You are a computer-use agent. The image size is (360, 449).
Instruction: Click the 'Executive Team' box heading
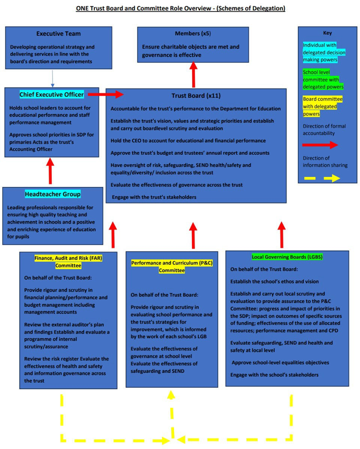click(58, 34)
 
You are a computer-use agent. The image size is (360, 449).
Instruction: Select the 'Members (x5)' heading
click(193, 34)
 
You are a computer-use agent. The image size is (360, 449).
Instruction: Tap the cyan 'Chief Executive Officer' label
click(51, 94)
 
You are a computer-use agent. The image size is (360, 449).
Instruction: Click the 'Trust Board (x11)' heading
click(196, 96)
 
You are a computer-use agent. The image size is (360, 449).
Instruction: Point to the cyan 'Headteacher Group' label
click(53, 194)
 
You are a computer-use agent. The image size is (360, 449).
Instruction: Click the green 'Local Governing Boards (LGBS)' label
click(287, 257)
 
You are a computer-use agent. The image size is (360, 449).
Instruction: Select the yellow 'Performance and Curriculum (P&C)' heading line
click(172, 263)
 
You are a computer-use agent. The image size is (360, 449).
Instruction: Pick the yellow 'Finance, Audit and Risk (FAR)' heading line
click(68, 258)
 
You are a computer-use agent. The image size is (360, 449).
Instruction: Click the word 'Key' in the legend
click(328, 33)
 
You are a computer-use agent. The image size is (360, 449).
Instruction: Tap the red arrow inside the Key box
click(320, 145)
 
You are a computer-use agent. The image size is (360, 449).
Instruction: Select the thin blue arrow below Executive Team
click(52, 78)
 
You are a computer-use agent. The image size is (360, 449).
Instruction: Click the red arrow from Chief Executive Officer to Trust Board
click(106, 94)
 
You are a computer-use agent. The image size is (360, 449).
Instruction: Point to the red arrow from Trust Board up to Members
click(194, 74)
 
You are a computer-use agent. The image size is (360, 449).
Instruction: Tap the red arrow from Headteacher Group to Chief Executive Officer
click(50, 171)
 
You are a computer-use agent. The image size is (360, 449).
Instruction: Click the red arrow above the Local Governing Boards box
click(282, 235)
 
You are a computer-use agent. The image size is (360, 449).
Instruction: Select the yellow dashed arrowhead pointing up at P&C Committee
click(171, 395)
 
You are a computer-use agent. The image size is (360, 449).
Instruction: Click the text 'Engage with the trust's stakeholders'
click(154, 197)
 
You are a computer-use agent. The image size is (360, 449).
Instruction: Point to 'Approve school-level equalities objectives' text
click(280, 363)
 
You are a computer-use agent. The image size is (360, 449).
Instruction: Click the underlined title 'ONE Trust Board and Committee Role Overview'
click(143, 9)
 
